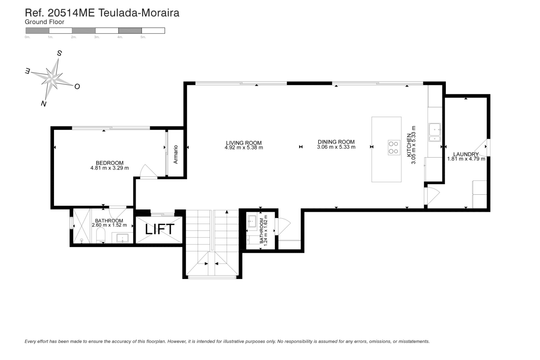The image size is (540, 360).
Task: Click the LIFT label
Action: coord(159,229)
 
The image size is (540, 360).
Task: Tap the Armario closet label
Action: coord(176,154)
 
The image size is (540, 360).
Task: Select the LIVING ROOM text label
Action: coord(244,143)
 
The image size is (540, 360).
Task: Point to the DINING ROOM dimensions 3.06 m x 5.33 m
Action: coord(336,147)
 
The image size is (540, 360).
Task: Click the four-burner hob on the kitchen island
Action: coord(393,147)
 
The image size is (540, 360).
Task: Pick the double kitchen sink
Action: coord(435,132)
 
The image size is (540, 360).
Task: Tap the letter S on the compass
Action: coord(59,53)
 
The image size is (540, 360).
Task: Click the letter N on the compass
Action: coord(44,103)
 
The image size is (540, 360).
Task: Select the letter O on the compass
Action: coord(77,86)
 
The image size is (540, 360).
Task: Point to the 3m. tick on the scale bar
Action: coord(96,37)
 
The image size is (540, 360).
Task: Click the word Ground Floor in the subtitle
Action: coord(44,22)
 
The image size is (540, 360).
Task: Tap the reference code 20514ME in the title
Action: coord(71,13)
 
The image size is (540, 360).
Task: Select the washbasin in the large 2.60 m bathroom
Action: coord(122,238)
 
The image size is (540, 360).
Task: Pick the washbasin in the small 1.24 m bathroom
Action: coord(252,221)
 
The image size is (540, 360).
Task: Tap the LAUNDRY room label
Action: coord(466,154)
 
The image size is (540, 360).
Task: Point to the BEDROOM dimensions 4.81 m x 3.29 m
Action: coord(109,168)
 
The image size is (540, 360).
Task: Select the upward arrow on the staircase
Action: coord(227,212)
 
